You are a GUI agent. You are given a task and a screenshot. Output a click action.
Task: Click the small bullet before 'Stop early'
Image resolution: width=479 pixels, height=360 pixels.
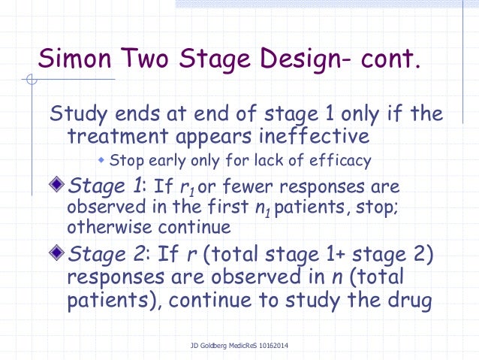103,160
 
